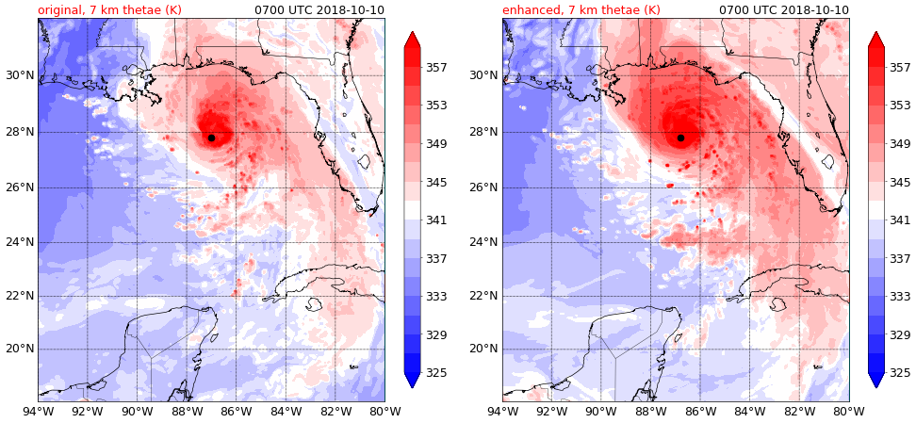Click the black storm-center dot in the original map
pyautogui.click(x=211, y=138)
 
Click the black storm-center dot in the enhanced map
pyautogui.click(x=680, y=138)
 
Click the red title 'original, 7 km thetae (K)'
pyautogui.click(x=109, y=10)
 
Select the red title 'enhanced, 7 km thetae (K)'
pyautogui.click(x=581, y=10)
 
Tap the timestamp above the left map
pyautogui.click(x=319, y=10)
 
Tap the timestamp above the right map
pyautogui.click(x=784, y=10)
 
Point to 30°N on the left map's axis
pyautogui.click(x=20, y=75)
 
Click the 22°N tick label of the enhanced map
pyautogui.click(x=484, y=296)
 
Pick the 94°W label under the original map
pyautogui.click(x=38, y=411)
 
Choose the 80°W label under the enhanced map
pyautogui.click(x=849, y=411)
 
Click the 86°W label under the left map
pyautogui.click(x=236, y=411)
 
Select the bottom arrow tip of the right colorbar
pyautogui.click(x=876, y=385)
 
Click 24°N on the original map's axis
pyautogui.click(x=20, y=241)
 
